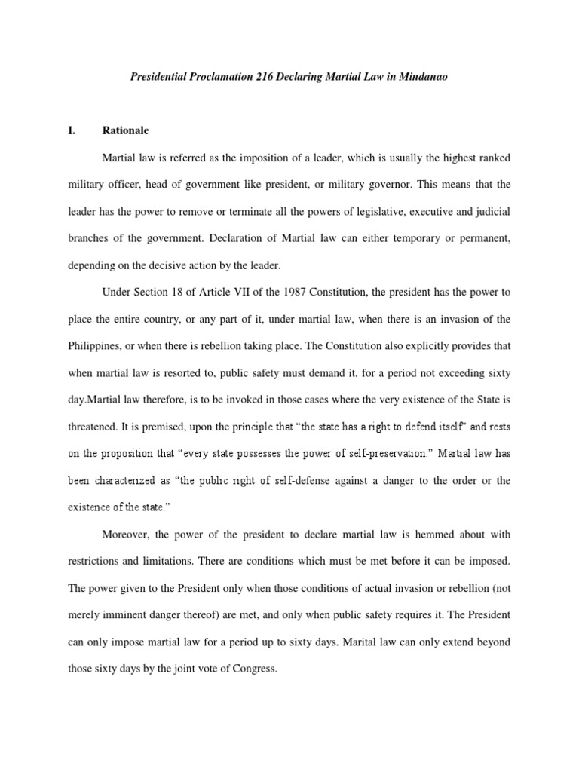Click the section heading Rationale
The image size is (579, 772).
click(x=125, y=130)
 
